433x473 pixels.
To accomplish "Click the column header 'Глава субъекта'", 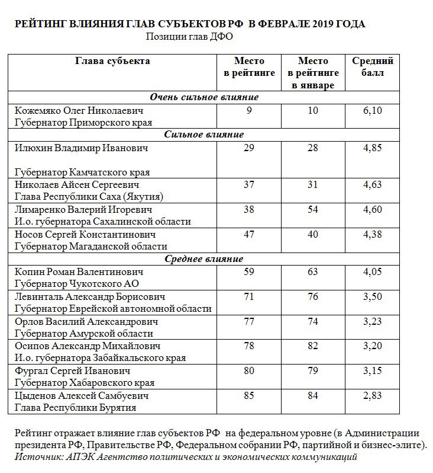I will (x=112, y=61).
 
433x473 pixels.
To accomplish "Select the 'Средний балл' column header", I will (x=373, y=67).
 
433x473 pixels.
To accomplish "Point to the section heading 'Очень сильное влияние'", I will (x=204, y=97).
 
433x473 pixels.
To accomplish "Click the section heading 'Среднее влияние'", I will (x=204, y=259).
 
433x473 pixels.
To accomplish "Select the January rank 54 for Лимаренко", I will (x=313, y=210).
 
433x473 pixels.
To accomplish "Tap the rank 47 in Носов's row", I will (x=249, y=234).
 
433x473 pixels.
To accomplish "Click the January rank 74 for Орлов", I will (x=313, y=321).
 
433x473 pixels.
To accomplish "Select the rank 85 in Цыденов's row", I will (x=249, y=395).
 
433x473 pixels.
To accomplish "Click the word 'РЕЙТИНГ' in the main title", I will (x=40, y=24).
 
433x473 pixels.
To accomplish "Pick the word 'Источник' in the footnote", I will (x=37, y=457).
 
